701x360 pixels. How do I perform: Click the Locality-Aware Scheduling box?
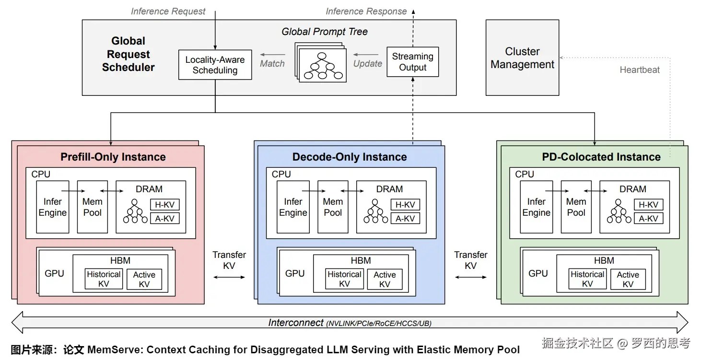click(215, 65)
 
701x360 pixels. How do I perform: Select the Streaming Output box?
click(412, 62)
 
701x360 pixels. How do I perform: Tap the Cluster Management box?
click(522, 58)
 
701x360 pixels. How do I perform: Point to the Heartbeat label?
click(640, 70)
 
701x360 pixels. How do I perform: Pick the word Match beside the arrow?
click(272, 63)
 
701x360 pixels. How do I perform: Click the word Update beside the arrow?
click(368, 63)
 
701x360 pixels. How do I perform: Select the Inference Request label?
click(168, 11)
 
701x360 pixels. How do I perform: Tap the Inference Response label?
click(366, 11)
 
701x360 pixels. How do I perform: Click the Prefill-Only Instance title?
click(113, 157)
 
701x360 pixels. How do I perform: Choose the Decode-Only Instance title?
click(350, 157)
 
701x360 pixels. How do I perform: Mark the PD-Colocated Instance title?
click(601, 157)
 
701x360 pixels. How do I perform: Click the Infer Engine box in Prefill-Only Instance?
click(53, 207)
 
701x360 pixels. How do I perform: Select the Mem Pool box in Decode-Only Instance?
click(333, 207)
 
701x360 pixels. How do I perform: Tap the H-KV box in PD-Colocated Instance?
click(648, 205)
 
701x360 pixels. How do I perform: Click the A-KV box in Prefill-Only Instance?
click(165, 219)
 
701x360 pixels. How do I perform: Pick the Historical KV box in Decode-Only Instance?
click(344, 279)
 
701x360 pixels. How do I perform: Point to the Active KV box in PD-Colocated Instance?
click(628, 279)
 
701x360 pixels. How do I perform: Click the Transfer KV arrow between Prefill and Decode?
click(229, 277)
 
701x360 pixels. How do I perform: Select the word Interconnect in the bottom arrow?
click(296, 323)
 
